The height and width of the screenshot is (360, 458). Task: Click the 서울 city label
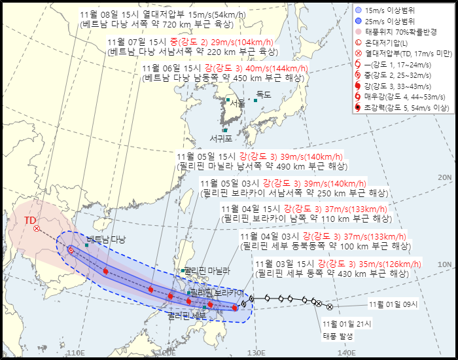(238, 103)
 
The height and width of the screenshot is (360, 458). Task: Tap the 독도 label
(264, 95)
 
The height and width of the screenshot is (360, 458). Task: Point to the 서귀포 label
(221, 139)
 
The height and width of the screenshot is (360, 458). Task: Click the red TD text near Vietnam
(30, 221)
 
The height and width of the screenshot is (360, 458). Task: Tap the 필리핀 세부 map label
(187, 315)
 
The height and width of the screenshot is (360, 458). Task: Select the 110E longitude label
(76, 353)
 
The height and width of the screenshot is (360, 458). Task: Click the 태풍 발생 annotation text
(337, 336)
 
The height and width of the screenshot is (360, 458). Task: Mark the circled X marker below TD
(37, 228)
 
